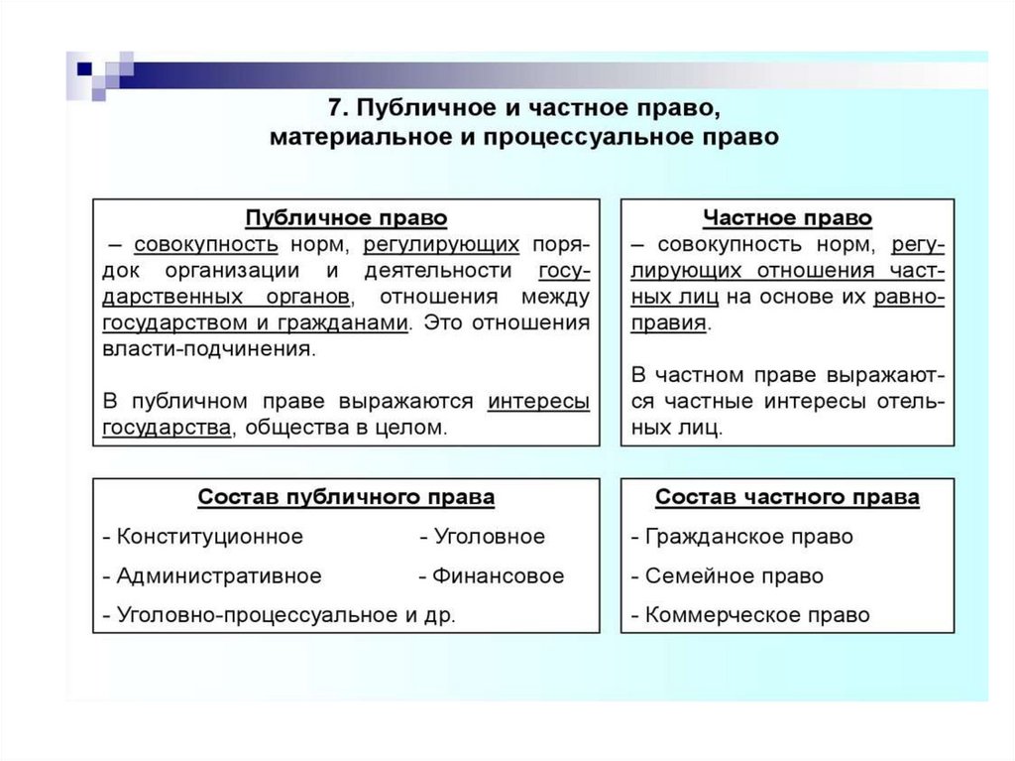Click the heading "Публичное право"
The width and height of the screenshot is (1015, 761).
[346, 217]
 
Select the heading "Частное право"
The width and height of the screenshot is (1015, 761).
[787, 217]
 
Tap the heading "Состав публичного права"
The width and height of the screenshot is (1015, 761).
[346, 497]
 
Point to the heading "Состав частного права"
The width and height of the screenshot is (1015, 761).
[787, 497]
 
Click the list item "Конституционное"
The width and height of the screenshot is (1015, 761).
[209, 537]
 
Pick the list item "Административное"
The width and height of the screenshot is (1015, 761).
[218, 575]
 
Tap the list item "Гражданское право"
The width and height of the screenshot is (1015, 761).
[748, 537]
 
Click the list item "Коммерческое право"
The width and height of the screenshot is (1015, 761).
[757, 615]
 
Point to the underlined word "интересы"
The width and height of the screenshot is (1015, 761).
[538, 401]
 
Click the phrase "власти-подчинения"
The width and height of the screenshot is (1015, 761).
[207, 349]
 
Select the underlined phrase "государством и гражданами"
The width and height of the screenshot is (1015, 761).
[255, 322]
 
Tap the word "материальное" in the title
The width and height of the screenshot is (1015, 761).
[342, 137]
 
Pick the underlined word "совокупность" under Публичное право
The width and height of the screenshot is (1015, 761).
[205, 244]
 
